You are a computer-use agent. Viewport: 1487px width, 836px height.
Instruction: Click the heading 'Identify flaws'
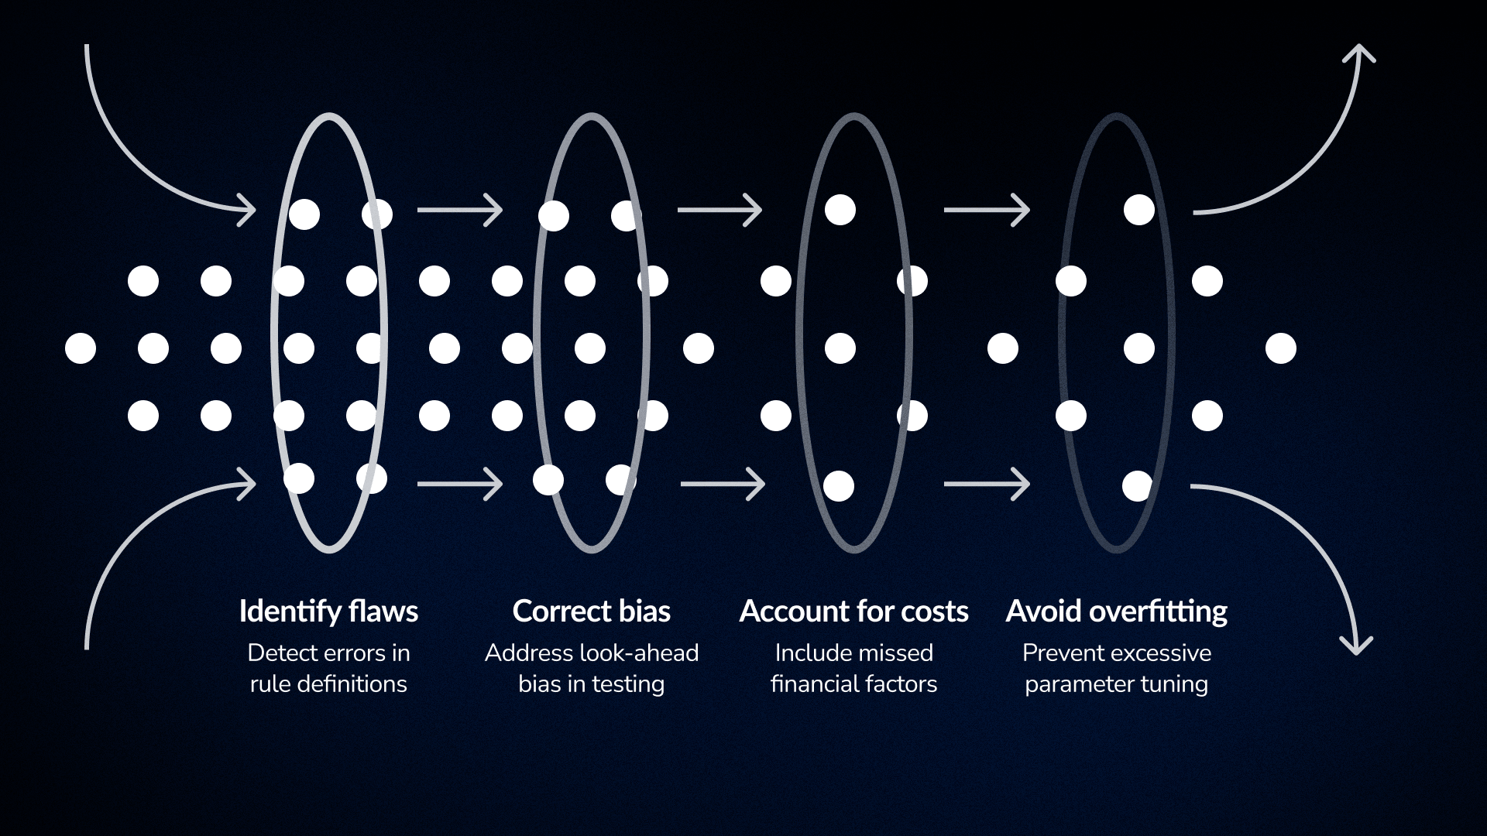pos(328,612)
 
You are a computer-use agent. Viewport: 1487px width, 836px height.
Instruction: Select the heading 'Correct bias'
pos(591,612)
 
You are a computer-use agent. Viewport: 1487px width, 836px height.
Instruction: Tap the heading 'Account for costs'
pos(853,612)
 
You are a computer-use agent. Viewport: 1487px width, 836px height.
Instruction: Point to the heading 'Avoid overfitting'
pos(1116,612)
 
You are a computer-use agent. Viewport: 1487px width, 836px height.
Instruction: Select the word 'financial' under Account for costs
pos(809,684)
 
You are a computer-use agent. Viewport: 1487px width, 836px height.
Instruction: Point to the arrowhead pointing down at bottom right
pos(1356,647)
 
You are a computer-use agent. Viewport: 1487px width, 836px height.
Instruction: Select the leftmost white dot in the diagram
pos(81,348)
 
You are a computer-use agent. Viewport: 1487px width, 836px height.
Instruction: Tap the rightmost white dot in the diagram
pos(1281,348)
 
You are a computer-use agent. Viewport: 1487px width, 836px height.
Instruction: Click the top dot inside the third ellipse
pos(840,210)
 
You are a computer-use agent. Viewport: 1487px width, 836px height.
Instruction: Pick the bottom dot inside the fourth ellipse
pos(1137,486)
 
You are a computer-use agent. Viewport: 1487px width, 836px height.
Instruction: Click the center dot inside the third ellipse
pos(840,348)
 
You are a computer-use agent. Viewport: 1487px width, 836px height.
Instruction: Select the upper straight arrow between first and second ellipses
pos(459,210)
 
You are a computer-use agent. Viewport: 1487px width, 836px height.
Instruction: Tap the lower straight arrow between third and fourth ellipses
pos(986,485)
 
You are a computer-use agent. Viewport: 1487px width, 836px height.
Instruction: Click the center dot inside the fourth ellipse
pos(1138,348)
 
